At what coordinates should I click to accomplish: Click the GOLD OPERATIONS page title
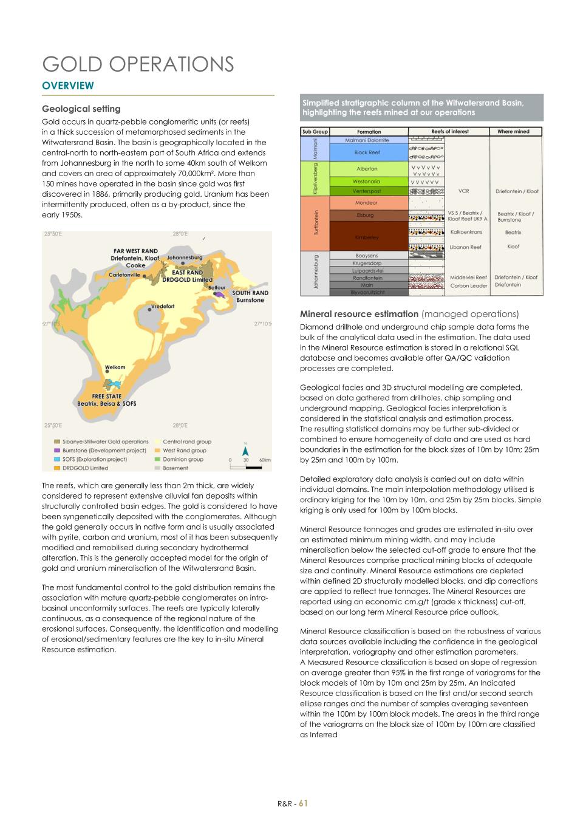(138, 64)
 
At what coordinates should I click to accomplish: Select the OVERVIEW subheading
(68, 86)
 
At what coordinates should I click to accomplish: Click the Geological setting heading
(81, 109)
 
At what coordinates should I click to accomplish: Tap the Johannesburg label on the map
(184, 258)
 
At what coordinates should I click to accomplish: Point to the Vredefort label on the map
(162, 306)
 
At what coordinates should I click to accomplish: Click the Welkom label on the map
(115, 367)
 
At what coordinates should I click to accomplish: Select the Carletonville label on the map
(124, 275)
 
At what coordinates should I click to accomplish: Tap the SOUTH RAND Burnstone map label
(250, 296)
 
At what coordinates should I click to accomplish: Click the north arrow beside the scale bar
(246, 451)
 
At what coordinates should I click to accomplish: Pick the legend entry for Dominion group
(183, 459)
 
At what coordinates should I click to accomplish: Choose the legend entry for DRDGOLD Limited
(85, 468)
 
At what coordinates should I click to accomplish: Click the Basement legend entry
(175, 468)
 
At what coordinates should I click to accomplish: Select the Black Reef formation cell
(367, 152)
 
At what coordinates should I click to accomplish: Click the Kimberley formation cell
(367, 237)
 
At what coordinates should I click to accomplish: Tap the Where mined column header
(513, 131)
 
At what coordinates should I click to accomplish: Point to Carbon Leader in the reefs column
(468, 285)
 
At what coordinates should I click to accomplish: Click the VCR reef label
(463, 191)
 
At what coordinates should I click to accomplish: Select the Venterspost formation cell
(367, 191)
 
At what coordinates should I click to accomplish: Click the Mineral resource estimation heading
(359, 314)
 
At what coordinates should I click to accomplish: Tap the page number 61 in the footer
(303, 803)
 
